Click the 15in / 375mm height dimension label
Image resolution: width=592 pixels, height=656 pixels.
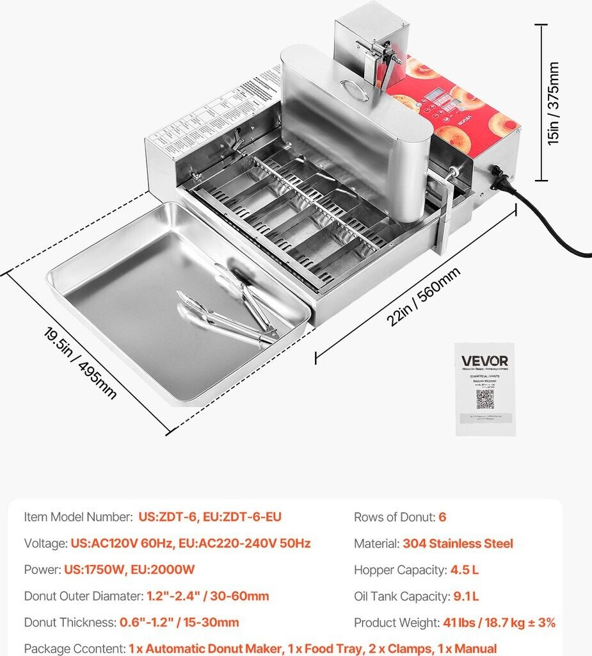tap(554, 103)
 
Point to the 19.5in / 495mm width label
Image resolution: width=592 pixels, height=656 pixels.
tap(80, 363)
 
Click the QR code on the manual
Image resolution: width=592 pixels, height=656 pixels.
tap(484, 398)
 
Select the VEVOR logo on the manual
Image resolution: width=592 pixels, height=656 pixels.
tap(484, 361)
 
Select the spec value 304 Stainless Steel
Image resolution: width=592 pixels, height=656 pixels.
tap(458, 544)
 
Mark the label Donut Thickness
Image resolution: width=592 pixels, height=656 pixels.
tap(70, 623)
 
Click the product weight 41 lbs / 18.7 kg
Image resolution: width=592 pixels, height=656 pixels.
tap(499, 623)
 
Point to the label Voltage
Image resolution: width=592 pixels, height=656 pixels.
tap(45, 544)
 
